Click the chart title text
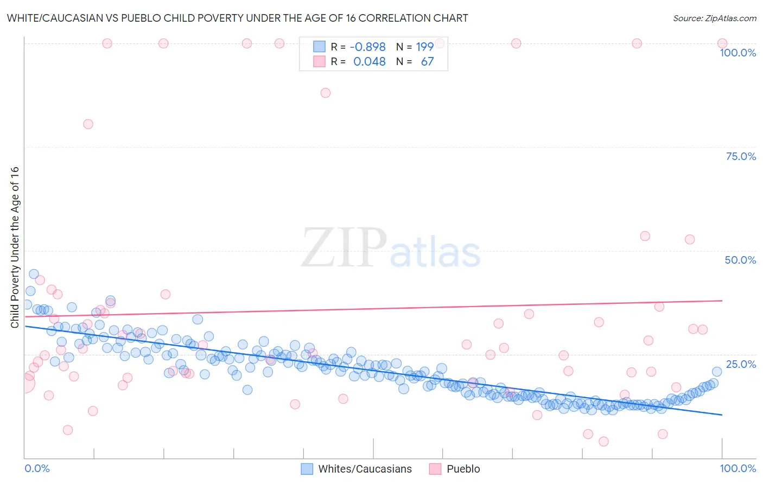pos(237,18)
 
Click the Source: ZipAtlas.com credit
pos(714,18)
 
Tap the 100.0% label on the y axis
pos(737,53)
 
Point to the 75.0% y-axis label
pos(741,156)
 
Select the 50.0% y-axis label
pos(740,260)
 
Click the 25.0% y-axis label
pos(741,364)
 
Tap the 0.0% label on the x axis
pos(37,468)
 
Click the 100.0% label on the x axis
pos(737,468)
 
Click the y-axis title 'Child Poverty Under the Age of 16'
pos(15,247)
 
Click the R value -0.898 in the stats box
pos(367,47)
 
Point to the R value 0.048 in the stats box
pos(369,61)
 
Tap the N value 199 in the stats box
pos(424,47)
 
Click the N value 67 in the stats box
pos(427,61)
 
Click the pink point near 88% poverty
pos(325,93)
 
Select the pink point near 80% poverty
pos(88,124)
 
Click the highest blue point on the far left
pos(34,274)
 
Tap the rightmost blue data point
pos(717,372)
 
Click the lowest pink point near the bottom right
pos(603,442)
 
